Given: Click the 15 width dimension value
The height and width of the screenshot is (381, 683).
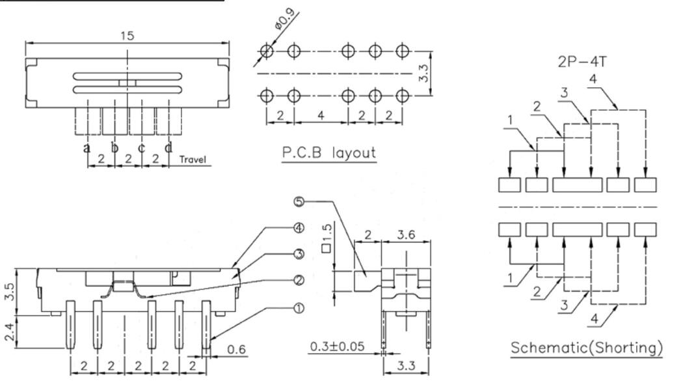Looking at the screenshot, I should (127, 36).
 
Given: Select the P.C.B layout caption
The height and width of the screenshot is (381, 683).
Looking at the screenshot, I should (328, 153).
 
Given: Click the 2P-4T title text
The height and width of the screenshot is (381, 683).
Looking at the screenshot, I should (581, 63).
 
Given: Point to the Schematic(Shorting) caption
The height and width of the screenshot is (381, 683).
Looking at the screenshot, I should (586, 348).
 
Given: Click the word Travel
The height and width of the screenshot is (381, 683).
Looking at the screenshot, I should (194, 159).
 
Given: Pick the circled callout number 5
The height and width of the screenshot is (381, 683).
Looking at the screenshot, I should (299, 202).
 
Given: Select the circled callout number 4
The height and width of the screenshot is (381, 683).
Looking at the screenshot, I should (299, 229).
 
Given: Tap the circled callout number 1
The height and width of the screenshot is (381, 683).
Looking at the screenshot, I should (299, 308).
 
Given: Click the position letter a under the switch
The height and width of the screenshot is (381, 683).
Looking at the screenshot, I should (87, 148).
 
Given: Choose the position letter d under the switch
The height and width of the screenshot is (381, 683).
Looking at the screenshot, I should (168, 148).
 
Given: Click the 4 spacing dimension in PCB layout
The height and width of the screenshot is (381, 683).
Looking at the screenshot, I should (321, 115).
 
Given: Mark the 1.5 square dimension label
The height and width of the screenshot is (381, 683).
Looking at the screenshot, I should (327, 235).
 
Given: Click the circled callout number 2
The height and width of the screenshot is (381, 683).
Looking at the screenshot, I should (299, 281).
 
